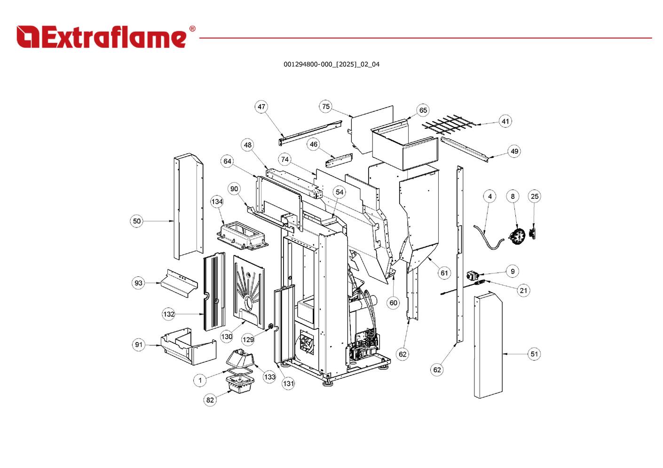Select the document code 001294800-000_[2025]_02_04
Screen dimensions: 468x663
click(x=331, y=64)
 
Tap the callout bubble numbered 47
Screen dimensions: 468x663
click(x=261, y=107)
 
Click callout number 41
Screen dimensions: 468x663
click(x=505, y=121)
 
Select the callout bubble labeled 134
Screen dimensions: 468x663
click(x=217, y=202)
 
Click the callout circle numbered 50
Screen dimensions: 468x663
click(x=136, y=221)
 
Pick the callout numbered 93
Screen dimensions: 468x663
click(x=138, y=283)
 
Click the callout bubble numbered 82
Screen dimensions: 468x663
click(x=210, y=400)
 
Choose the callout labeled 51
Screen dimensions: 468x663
click(x=534, y=354)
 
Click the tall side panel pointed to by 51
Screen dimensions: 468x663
click(x=488, y=345)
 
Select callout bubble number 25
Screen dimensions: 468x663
click(x=535, y=196)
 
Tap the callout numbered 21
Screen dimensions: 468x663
click(x=523, y=290)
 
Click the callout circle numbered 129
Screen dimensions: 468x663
click(x=248, y=339)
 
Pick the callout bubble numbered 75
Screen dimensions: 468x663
click(x=326, y=107)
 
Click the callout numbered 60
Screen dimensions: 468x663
click(x=394, y=303)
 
